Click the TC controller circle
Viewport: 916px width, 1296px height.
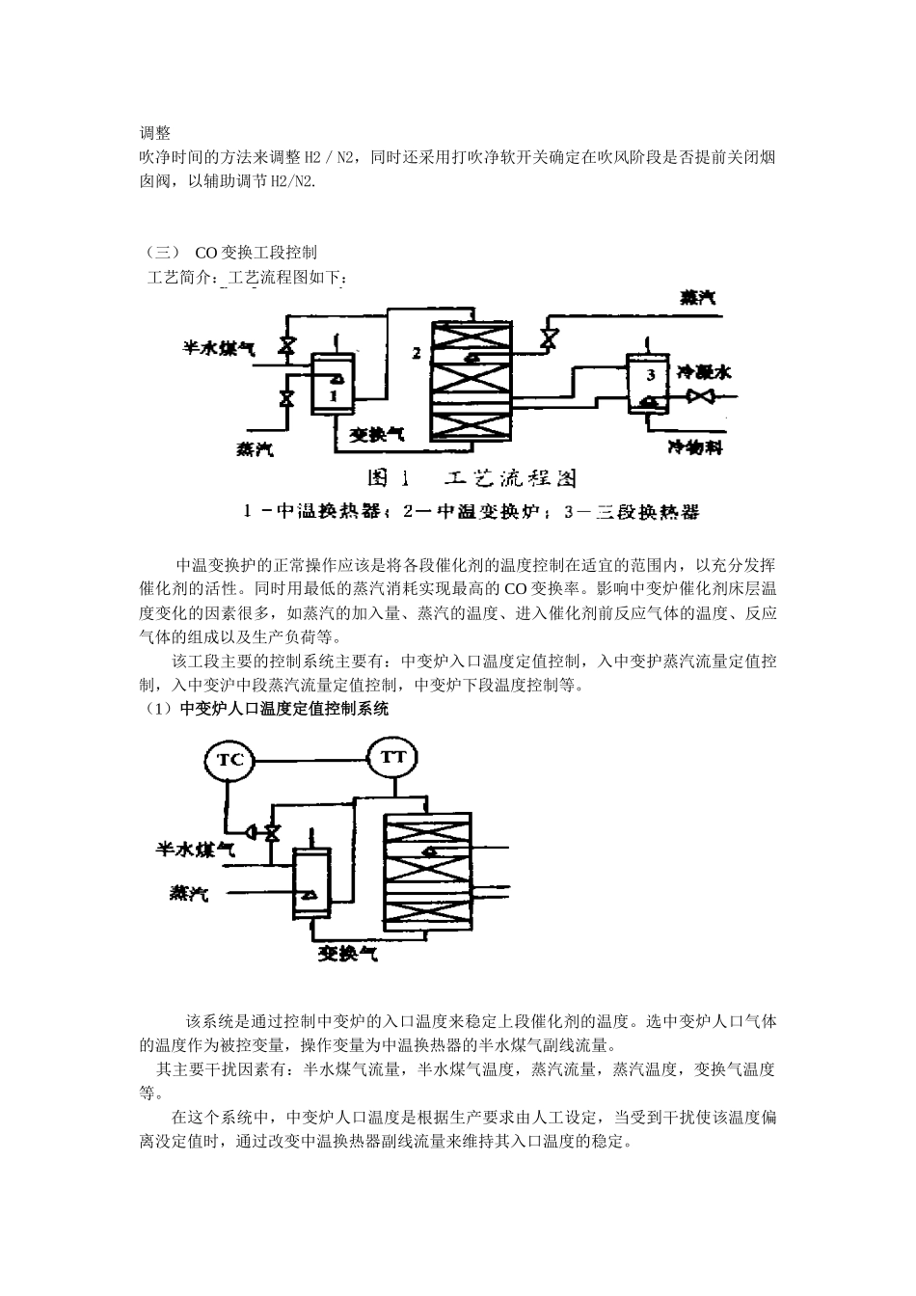[x=229, y=759]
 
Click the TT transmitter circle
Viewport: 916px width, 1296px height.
[x=392, y=756]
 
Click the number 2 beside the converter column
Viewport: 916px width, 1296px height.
[x=418, y=353]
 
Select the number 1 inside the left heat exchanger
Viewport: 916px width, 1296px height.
[x=333, y=394]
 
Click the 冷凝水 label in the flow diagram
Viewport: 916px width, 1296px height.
[x=703, y=371]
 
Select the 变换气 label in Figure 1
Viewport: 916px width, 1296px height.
[x=375, y=435]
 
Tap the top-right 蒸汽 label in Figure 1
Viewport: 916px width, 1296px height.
[x=697, y=298]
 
